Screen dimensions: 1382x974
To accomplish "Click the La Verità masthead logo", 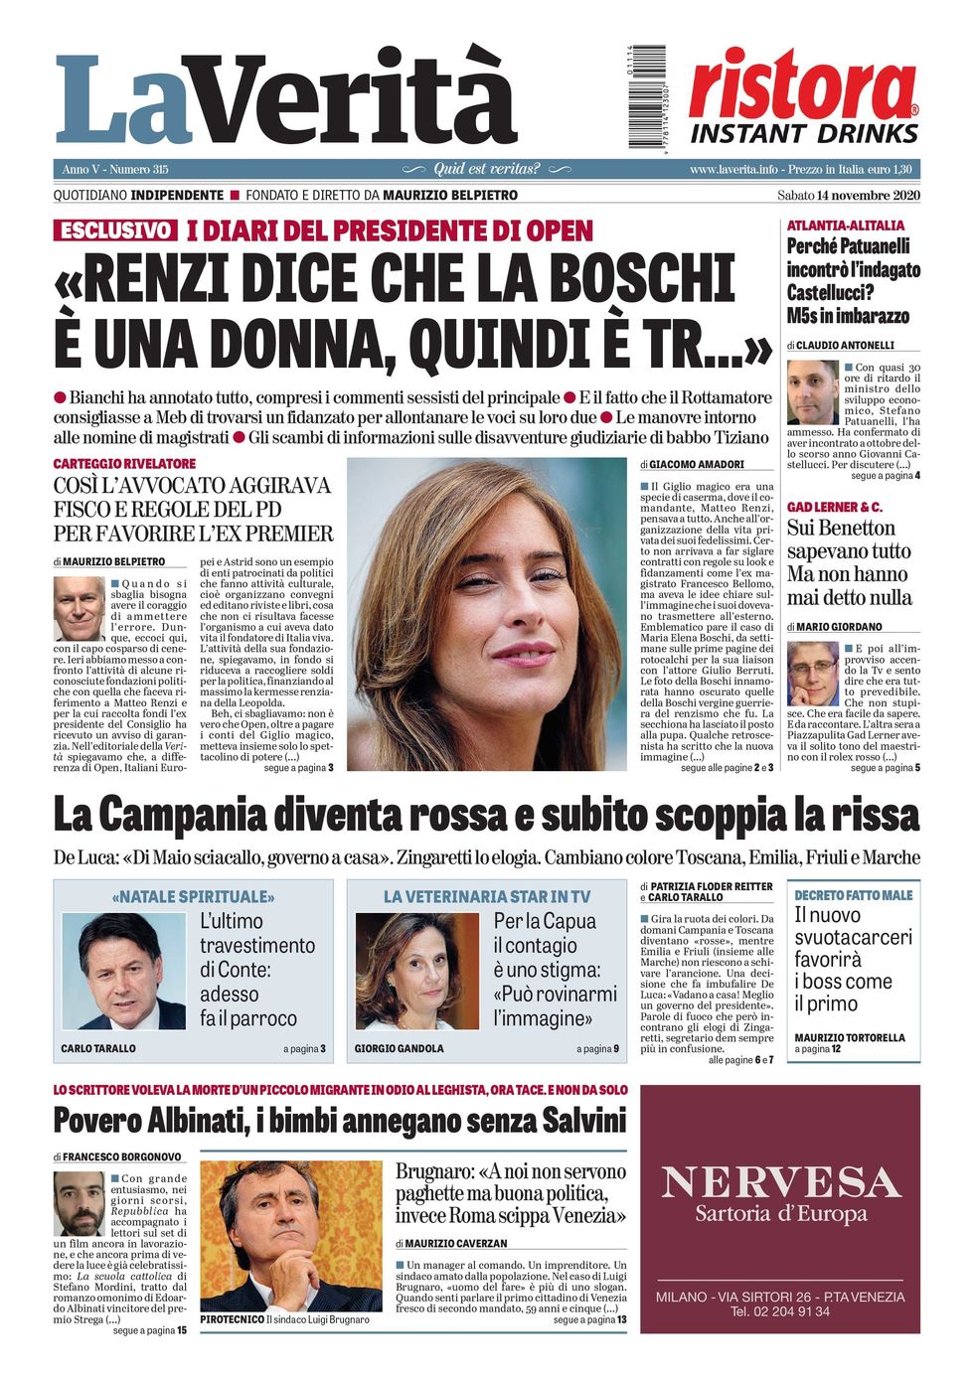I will (286, 99).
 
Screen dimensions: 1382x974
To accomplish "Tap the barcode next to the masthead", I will (646, 97).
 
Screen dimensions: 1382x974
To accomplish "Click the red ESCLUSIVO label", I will (115, 230).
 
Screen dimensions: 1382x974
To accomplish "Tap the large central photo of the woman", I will (486, 613).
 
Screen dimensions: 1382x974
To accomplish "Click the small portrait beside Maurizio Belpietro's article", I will (79, 608).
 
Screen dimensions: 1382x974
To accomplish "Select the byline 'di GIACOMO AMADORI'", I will (692, 464).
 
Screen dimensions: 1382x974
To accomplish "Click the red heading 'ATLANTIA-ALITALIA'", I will (846, 226).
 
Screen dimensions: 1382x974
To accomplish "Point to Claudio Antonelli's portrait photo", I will (812, 392).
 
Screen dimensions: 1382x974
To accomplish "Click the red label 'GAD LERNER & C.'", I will (834, 507).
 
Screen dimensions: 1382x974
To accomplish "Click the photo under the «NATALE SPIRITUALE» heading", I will (123, 971).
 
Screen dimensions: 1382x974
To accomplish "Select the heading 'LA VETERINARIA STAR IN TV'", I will (486, 896).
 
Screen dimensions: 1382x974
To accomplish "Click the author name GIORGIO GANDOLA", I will (400, 1048).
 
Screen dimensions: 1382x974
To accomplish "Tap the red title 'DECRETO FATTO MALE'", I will (853, 895).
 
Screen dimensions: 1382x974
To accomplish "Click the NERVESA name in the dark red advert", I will (780, 1182).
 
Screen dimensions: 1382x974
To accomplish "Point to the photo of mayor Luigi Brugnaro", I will (290, 1236).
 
